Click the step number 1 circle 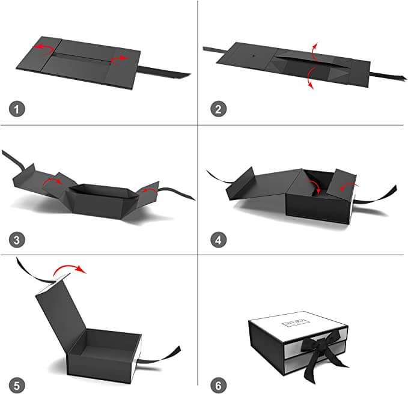click(18, 109)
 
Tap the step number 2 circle click(219, 109)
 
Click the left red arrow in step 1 click(43, 48)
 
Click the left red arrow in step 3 click(52, 181)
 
